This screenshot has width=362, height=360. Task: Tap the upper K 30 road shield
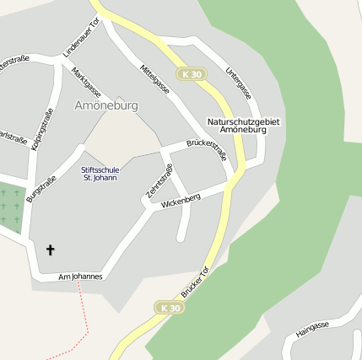tap(192, 74)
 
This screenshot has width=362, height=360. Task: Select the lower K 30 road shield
tap(168, 309)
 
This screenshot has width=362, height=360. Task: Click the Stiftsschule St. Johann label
tap(100, 174)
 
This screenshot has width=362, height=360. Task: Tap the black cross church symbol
tap(51, 250)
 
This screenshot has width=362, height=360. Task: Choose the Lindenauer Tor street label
tap(81, 38)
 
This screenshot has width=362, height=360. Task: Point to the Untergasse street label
tap(239, 83)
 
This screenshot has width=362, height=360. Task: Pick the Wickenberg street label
tap(180, 201)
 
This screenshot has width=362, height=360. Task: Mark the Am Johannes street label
tap(80, 277)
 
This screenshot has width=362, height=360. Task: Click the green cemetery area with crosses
tap(11, 207)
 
